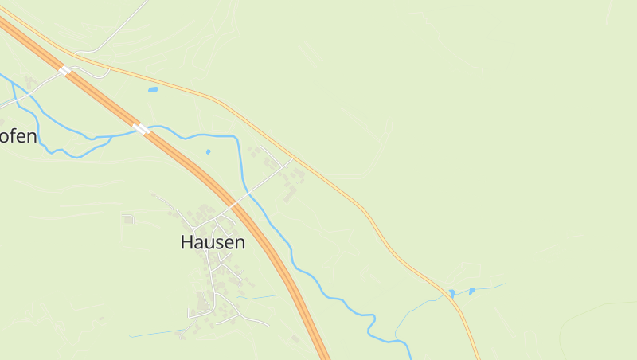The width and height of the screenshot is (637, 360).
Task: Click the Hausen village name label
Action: tap(213, 242)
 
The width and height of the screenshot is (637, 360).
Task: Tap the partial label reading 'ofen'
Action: tap(18, 136)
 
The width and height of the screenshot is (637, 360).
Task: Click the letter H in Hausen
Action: tap(188, 242)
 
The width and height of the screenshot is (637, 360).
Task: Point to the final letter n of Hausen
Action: tap(239, 243)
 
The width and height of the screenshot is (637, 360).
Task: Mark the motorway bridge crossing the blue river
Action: tap(141, 128)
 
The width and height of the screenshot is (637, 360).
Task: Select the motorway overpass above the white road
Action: tap(64, 71)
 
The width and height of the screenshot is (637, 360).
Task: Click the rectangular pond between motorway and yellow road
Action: tap(152, 90)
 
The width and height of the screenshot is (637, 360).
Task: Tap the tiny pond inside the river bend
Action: tap(208, 151)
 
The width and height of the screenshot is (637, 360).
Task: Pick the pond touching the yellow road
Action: tap(451, 294)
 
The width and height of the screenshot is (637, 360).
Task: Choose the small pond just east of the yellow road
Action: tap(471, 292)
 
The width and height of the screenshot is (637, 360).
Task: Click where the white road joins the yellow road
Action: tap(293, 158)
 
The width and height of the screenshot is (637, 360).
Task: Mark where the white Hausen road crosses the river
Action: tap(244, 192)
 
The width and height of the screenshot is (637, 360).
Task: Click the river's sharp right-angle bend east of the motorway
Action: tap(237, 138)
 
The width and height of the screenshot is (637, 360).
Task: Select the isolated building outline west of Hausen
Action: tap(128, 219)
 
